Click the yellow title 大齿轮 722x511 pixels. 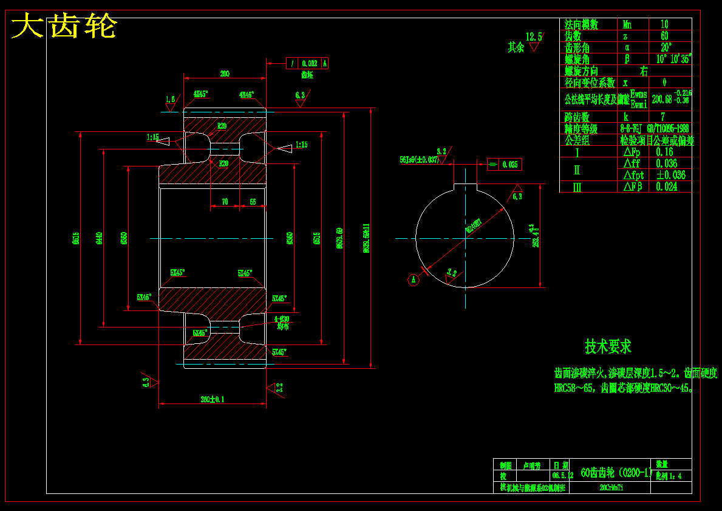tap(64, 27)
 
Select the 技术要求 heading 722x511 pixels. tap(608, 346)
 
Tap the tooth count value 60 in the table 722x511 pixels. tap(664, 36)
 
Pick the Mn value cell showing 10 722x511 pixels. tap(664, 24)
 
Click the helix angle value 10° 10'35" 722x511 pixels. tap(674, 59)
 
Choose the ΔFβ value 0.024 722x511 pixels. tap(666, 187)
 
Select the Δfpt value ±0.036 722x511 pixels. tap(670, 175)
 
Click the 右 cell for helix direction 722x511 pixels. tap(644, 70)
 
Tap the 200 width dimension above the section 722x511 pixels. tap(225, 74)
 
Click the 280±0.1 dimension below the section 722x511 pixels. tap(212, 399)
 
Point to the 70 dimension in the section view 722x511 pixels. tap(225, 202)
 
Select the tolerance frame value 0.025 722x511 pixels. tap(510, 164)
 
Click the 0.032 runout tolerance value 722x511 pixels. tap(309, 63)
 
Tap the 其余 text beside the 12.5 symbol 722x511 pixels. tap(516, 47)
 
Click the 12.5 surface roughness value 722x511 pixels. tap(534, 36)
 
